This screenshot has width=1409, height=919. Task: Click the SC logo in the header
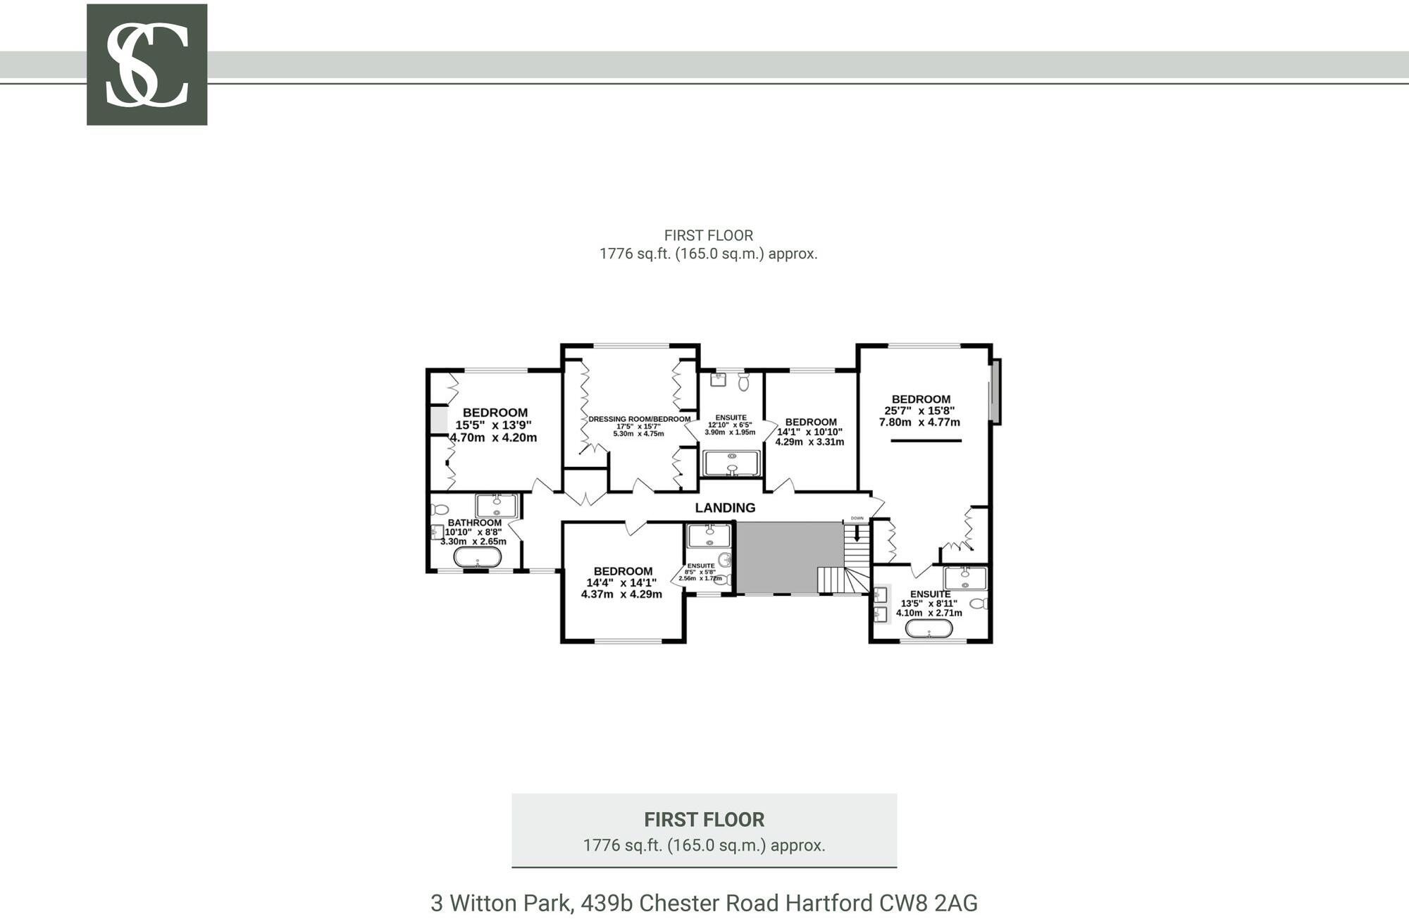tap(147, 65)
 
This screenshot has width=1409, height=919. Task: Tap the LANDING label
tap(725, 508)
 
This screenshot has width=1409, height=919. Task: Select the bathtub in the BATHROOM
tap(478, 558)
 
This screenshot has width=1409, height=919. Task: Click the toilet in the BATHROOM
tap(440, 509)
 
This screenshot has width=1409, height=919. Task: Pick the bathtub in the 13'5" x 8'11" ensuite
tap(929, 628)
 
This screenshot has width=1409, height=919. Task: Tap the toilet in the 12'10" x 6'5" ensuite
tap(744, 382)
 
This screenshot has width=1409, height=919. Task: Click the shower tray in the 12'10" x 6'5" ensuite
tap(732, 463)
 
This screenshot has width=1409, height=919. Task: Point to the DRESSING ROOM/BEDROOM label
tap(640, 419)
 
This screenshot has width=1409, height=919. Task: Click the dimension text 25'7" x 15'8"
tap(919, 411)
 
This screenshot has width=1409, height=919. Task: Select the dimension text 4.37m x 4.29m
tap(621, 594)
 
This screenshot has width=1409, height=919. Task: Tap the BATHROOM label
tap(475, 523)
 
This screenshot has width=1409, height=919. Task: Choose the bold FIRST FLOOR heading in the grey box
tap(704, 820)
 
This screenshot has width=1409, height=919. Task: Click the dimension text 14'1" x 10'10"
tap(809, 432)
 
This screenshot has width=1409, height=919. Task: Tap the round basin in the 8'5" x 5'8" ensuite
tap(726, 561)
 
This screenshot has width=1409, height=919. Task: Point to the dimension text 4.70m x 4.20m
tap(493, 437)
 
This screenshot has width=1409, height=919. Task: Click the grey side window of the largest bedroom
tap(995, 392)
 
